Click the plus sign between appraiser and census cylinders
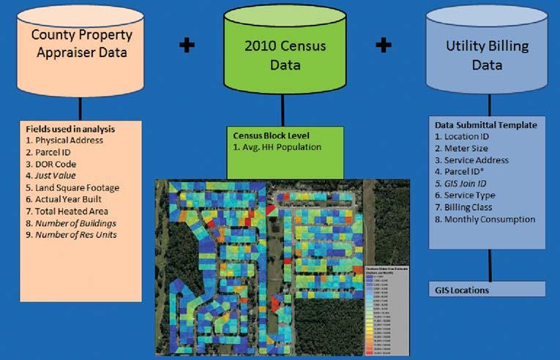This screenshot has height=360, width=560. click(187, 45)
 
